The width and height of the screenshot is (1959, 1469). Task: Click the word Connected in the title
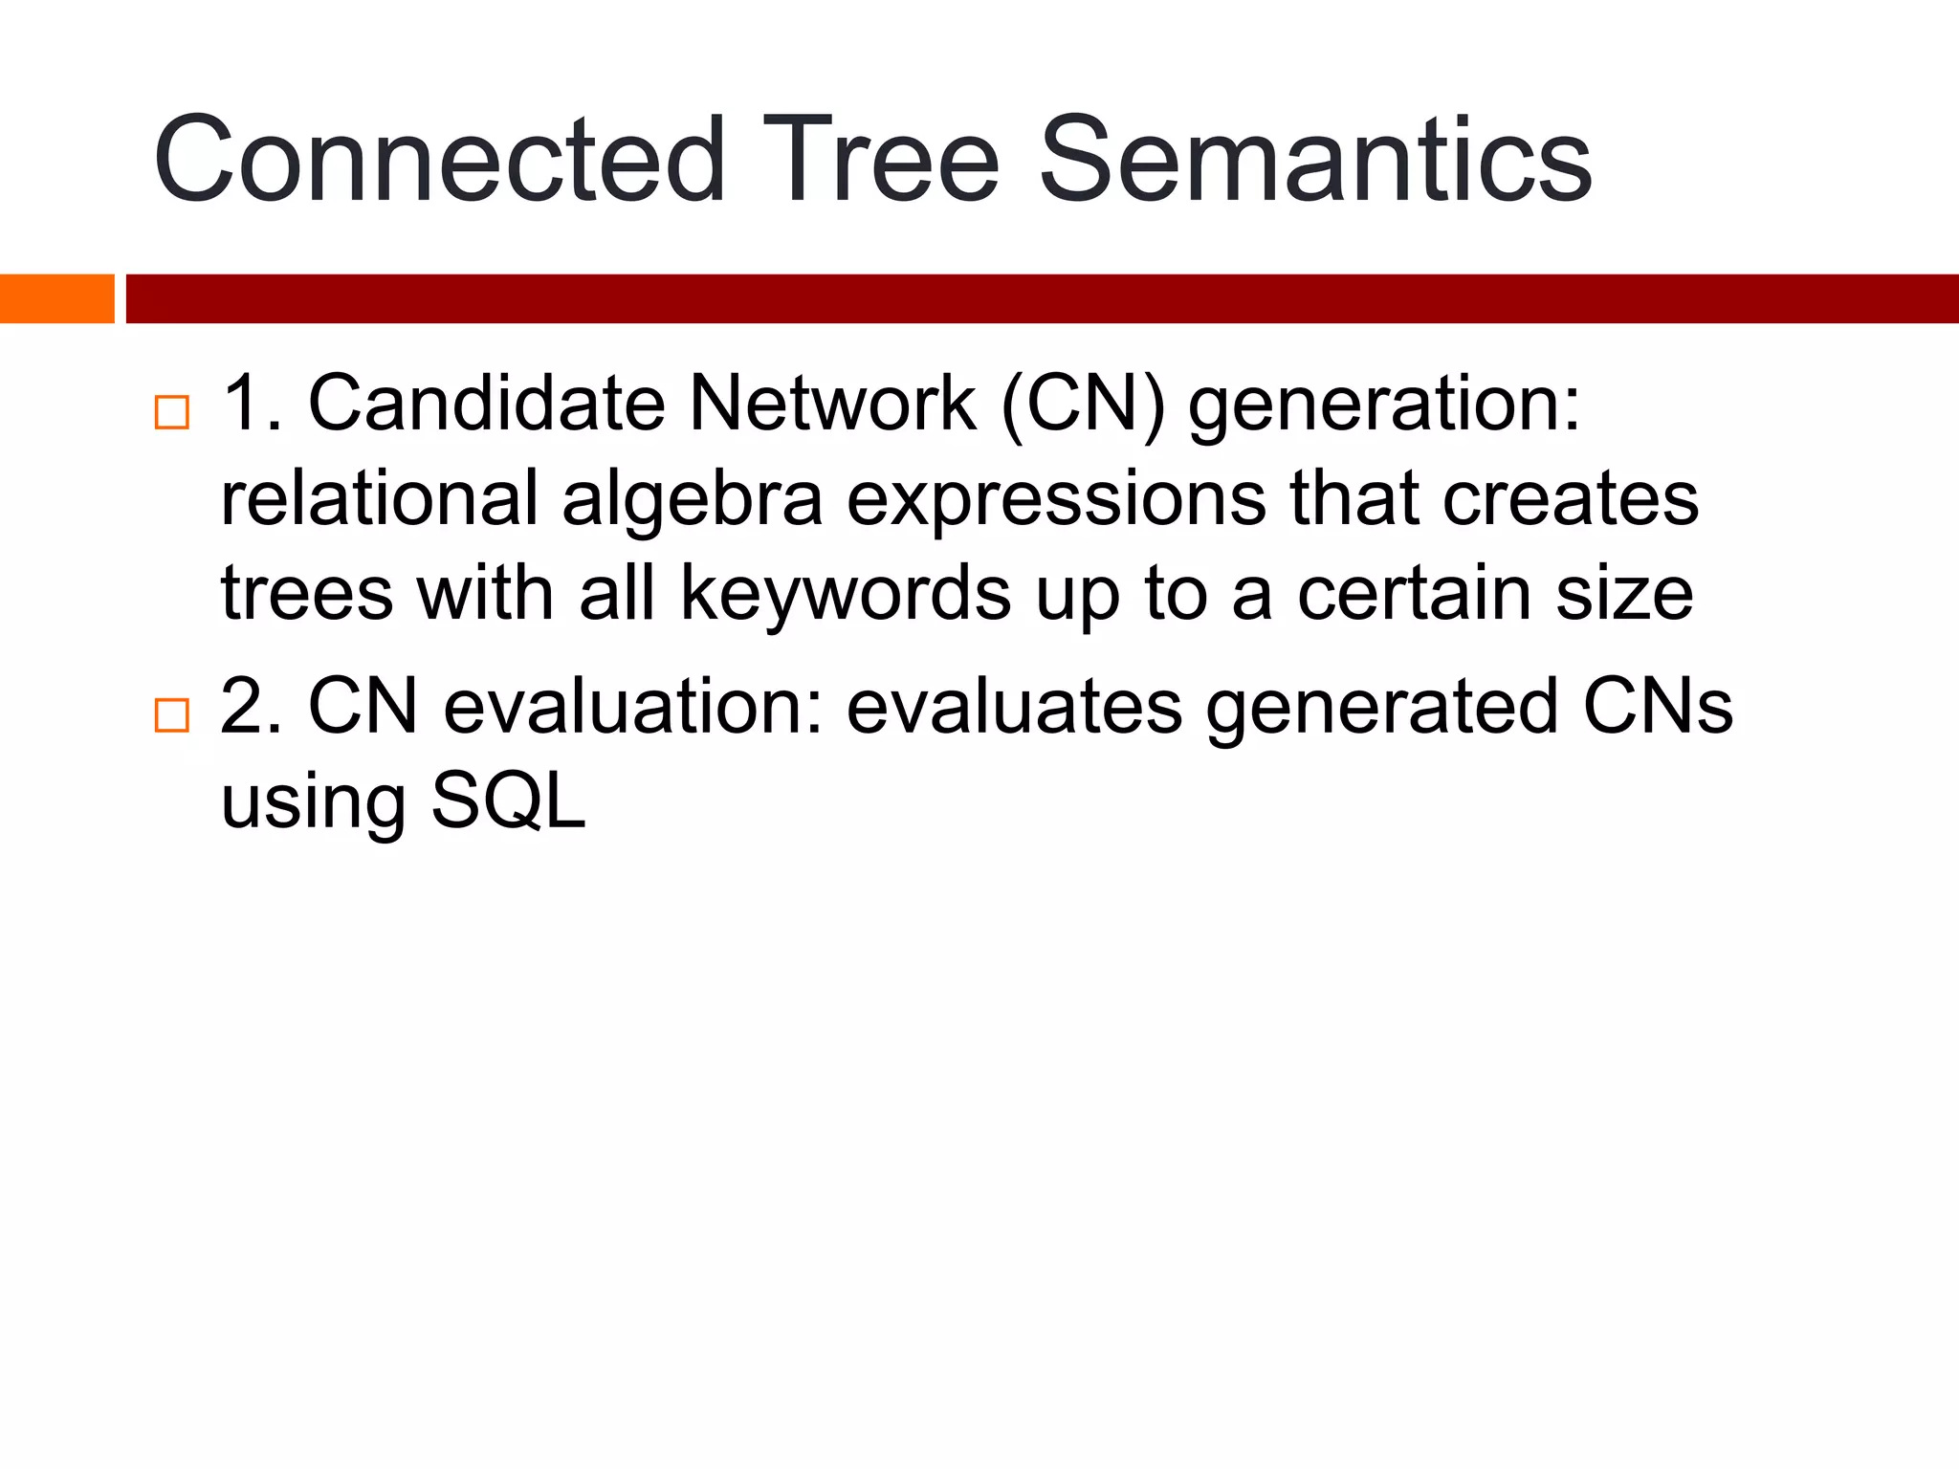click(x=439, y=160)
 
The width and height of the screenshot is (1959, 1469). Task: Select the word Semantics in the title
click(x=1315, y=160)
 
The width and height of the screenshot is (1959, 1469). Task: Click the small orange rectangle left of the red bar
click(x=56, y=298)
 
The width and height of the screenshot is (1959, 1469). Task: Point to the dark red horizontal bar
click(x=1042, y=298)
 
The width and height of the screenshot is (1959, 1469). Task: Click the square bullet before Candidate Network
click(x=172, y=413)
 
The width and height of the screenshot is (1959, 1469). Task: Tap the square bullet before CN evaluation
click(x=172, y=715)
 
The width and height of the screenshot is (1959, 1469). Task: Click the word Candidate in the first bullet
click(x=486, y=404)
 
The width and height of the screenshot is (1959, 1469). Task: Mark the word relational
click(x=380, y=499)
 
